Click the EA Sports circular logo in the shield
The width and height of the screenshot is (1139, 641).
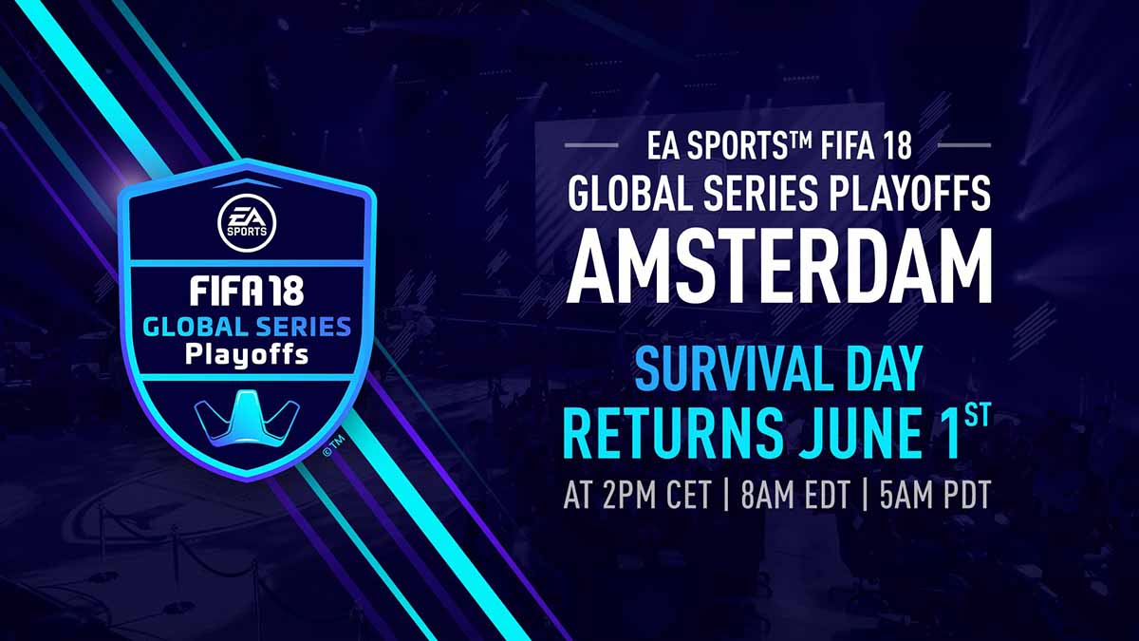coord(247,223)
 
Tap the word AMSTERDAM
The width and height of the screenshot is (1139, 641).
coord(779,266)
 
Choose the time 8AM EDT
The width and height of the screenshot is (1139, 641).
coord(794,494)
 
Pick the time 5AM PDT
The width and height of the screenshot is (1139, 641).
coord(936,494)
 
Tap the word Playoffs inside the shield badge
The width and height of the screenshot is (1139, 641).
coord(247,355)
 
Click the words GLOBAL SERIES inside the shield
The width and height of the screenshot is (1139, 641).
coord(247,327)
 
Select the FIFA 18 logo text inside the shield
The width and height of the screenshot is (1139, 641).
coord(247,292)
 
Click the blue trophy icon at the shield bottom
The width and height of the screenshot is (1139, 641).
coord(247,416)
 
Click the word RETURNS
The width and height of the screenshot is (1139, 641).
coord(673,433)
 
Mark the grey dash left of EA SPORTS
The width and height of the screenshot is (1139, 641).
coord(591,145)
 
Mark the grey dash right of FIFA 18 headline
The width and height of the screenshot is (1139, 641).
coord(964,145)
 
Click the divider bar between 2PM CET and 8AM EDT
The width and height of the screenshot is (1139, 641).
coord(725,494)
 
